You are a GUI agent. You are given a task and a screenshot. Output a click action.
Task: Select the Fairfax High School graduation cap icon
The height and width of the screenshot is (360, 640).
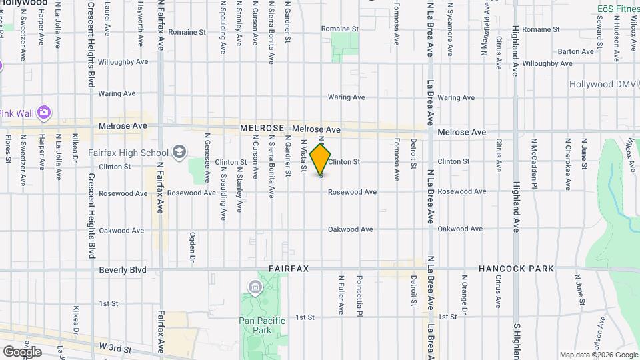pos(179,153)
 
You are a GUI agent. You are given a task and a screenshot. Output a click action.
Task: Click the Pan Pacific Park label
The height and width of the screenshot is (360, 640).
pos(263,325)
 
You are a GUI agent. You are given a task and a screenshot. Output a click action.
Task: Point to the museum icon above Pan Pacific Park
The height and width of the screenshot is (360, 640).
pos(254,287)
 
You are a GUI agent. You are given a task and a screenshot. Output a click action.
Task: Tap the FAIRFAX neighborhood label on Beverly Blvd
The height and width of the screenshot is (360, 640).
pos(289,269)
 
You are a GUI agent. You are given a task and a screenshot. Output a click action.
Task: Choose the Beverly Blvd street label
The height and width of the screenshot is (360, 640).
pos(122,270)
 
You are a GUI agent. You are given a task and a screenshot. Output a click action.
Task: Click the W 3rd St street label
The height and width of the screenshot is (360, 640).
pos(116,347)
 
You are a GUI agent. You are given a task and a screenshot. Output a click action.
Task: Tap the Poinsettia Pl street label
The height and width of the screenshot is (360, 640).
pos(359,293)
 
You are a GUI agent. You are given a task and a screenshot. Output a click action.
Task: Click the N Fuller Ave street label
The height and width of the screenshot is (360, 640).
pos(341,295)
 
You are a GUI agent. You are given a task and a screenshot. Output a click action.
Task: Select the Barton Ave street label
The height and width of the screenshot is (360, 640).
pos(575,51)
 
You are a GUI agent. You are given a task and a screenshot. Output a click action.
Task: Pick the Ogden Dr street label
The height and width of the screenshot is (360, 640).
pos(192,247)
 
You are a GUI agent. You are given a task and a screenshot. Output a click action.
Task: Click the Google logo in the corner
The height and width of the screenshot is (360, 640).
pos(22,351)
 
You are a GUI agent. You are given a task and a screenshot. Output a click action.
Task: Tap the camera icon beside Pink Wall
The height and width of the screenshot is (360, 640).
pos(45,112)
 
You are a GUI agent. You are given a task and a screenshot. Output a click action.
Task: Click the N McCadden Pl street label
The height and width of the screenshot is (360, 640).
pos(534,163)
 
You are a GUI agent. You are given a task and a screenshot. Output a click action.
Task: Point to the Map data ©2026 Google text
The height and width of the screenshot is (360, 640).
pos(598,355)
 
